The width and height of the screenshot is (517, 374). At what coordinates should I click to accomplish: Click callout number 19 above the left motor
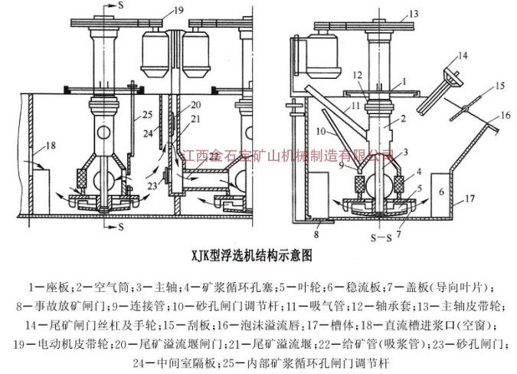(178, 10)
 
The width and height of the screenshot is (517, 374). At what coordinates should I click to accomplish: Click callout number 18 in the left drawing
(51, 145)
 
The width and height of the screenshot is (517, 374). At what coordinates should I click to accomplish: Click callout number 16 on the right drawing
(504, 114)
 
